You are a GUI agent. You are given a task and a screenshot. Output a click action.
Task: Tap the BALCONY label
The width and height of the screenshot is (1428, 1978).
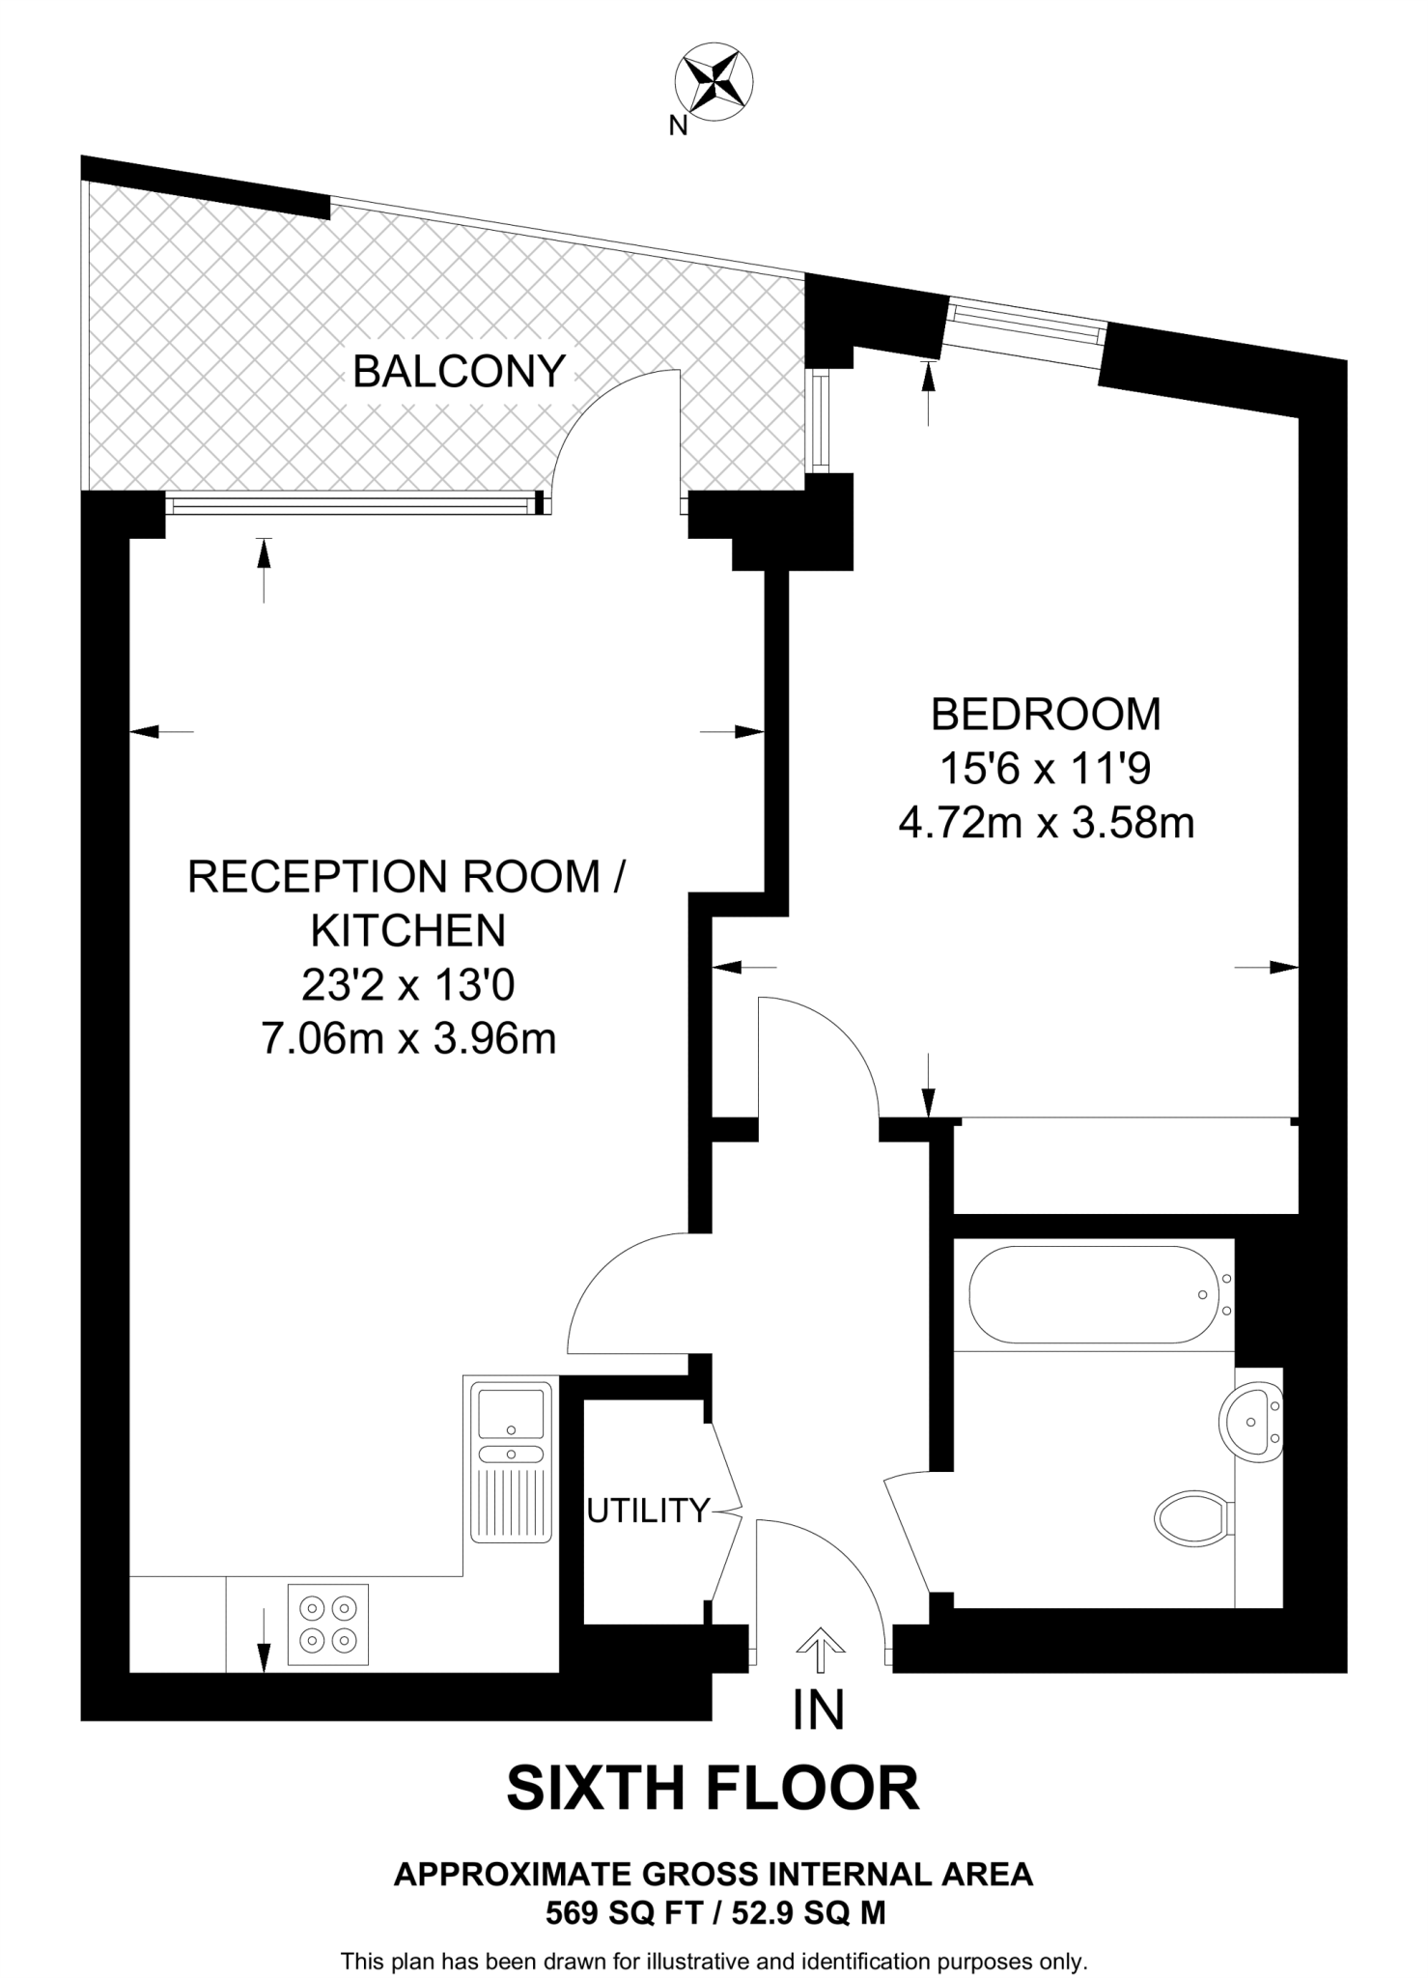[x=459, y=372]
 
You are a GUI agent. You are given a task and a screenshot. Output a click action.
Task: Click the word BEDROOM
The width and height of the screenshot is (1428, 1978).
[x=1046, y=715]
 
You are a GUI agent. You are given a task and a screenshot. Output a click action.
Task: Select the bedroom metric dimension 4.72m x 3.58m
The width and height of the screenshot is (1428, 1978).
[x=1047, y=824]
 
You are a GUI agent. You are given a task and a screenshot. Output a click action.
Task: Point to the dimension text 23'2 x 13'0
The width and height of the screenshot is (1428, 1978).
[x=408, y=986]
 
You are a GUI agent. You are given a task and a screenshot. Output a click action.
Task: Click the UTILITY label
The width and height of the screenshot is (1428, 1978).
[x=648, y=1510]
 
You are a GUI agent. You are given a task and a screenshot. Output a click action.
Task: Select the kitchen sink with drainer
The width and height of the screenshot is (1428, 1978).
[x=511, y=1461]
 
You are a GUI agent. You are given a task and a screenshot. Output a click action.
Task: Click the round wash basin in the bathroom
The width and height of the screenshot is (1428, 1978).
[x=1251, y=1420]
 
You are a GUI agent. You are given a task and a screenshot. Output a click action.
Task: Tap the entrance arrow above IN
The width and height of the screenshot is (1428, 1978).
[x=820, y=1649]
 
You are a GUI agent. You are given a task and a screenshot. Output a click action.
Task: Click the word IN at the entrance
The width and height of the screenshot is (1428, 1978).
[x=818, y=1710]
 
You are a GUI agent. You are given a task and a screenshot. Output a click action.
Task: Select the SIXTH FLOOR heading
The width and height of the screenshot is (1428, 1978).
[x=713, y=1788]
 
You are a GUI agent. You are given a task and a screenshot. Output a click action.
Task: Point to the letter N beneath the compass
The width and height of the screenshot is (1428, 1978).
[x=678, y=126]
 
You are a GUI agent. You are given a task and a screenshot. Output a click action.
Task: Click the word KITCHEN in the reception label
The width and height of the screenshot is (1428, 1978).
[x=408, y=931]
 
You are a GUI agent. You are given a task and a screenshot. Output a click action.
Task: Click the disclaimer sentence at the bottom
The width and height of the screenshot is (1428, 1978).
[x=714, y=1962]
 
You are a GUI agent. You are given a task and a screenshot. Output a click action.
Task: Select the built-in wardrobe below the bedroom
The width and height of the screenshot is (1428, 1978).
[x=1125, y=1166]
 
